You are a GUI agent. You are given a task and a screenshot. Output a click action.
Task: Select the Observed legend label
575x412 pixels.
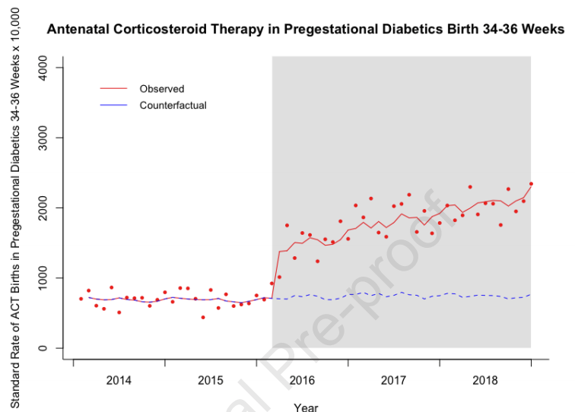tap(161, 89)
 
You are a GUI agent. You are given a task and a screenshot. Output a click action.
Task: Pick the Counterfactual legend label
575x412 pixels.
tap(173, 106)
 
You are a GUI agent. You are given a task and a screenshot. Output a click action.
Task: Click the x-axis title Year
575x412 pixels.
tap(306, 407)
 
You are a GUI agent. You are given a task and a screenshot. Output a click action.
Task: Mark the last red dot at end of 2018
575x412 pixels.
tap(531, 184)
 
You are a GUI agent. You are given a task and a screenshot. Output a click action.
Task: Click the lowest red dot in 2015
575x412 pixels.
tap(203, 317)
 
